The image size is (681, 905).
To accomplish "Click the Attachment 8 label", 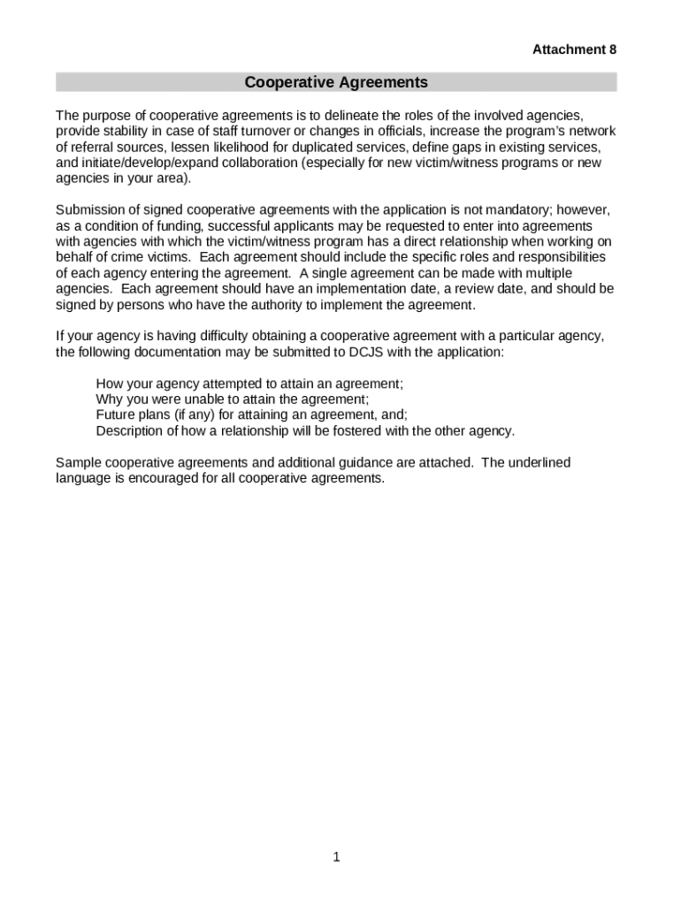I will click(x=574, y=50).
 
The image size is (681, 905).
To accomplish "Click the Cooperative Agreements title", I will click(x=336, y=83).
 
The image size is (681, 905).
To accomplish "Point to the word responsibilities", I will click(x=555, y=257).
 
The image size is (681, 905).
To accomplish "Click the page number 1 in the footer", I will click(x=337, y=856).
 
